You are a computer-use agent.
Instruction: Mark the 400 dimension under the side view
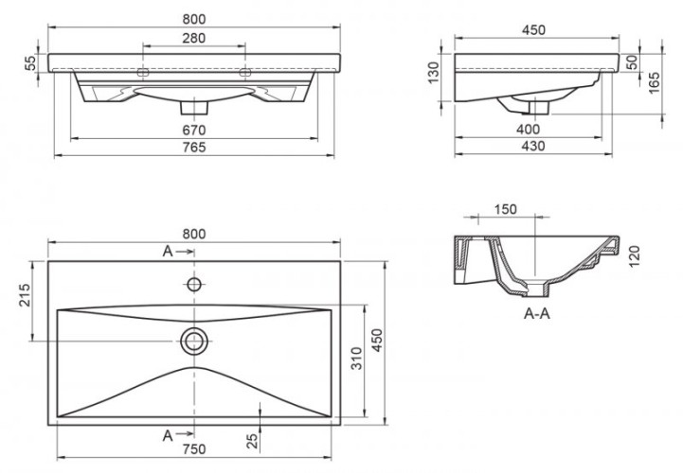click(529, 129)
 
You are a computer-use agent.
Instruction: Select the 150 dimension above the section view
click(505, 209)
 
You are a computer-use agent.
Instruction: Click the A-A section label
click(537, 315)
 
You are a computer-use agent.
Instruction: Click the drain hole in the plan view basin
click(194, 339)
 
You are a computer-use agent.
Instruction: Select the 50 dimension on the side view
click(631, 62)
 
